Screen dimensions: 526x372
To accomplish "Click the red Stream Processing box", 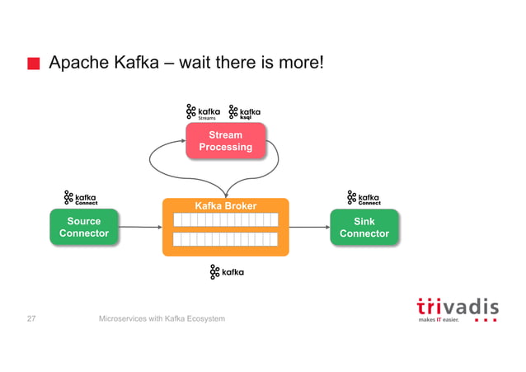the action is (x=226, y=140).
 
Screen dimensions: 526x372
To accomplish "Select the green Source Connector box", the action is (x=84, y=227).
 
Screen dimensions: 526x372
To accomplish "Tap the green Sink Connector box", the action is (x=364, y=227).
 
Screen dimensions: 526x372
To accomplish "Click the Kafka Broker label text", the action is (x=225, y=205).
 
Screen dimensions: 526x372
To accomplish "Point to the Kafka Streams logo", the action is (x=204, y=112).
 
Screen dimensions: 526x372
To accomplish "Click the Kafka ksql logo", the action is (x=245, y=112).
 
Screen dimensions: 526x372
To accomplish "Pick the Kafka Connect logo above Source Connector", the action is (x=81, y=199).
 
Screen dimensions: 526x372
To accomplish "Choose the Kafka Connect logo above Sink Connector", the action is (x=364, y=199).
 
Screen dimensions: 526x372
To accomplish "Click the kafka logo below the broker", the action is (x=227, y=272).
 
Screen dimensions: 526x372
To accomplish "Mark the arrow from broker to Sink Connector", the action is (x=309, y=227).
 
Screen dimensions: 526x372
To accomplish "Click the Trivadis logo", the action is (x=456, y=307).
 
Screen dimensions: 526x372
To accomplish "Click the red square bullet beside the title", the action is (x=33, y=64).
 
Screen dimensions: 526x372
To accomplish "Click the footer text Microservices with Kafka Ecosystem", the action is (x=162, y=318).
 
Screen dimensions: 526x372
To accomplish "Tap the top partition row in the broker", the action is (x=225, y=220).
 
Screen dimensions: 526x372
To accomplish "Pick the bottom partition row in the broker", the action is (x=225, y=239).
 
